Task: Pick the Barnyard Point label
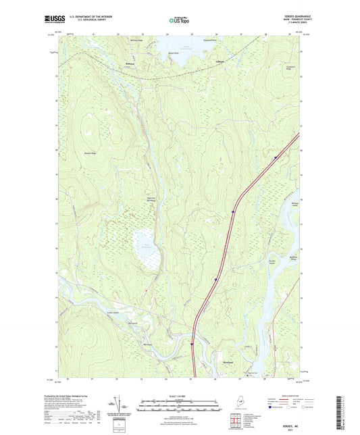(x=209, y=40)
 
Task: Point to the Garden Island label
(x=274, y=263)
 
